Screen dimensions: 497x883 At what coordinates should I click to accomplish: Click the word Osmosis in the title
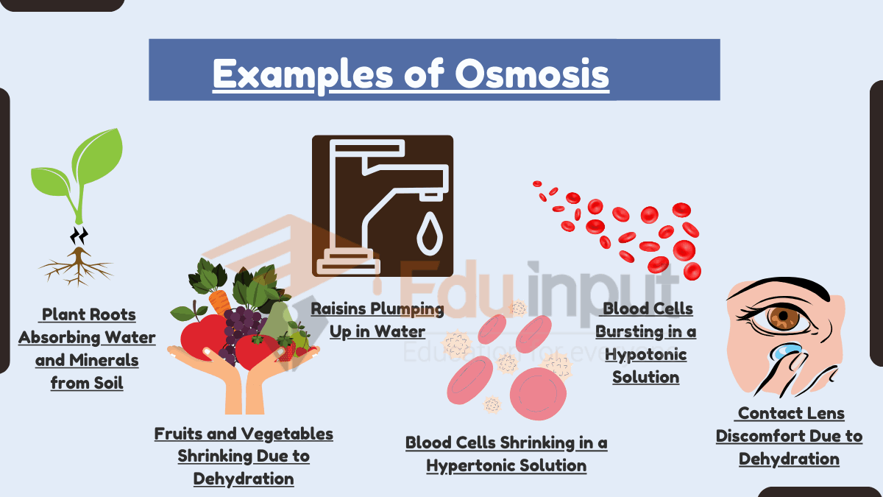[532, 74]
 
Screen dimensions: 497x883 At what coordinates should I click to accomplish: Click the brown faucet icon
[382, 205]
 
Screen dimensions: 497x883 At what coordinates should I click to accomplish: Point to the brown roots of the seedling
[76, 267]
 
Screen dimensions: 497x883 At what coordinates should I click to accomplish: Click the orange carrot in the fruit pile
[219, 302]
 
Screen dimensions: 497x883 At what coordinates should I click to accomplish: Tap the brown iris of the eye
[784, 318]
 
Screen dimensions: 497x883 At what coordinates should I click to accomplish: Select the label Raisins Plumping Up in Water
[377, 320]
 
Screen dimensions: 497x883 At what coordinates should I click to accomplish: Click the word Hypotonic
[645, 354]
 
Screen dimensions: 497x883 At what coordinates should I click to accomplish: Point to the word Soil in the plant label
[107, 383]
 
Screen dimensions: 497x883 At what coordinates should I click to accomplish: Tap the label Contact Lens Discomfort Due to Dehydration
[789, 436]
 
